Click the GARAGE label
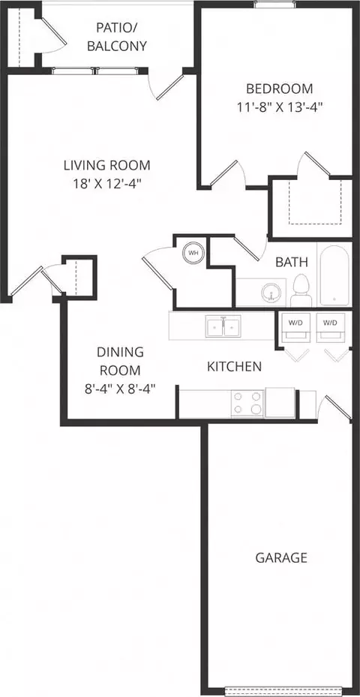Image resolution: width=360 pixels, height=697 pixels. point(281,557)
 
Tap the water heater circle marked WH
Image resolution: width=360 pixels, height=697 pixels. point(193,253)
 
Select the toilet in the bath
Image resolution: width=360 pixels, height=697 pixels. point(301,290)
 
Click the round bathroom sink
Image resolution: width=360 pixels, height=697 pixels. point(271,293)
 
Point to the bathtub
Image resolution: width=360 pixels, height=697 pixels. point(334,275)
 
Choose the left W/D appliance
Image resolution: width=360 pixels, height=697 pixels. point(295,328)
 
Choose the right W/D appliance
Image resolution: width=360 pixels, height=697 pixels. point(330,328)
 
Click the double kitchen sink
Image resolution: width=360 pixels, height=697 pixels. point(223,326)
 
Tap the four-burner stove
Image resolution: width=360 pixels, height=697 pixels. point(247,404)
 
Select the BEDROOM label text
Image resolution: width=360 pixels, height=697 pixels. point(279,89)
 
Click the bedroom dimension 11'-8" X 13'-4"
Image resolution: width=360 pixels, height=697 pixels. point(279,107)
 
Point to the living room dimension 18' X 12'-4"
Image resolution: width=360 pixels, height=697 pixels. point(106,184)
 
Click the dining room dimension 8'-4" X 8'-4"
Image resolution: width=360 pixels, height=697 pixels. point(120,389)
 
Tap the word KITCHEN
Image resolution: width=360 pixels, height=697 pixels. point(234,367)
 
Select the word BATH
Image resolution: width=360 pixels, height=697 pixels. point(292,262)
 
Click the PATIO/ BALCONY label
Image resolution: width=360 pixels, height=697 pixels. point(116,37)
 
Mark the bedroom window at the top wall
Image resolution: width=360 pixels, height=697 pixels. point(275,5)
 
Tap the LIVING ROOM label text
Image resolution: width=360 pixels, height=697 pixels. point(106,165)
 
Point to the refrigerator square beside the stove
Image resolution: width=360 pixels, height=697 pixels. point(280,403)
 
